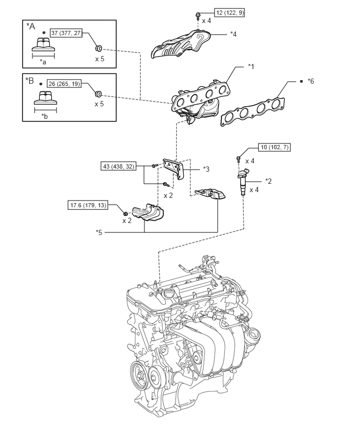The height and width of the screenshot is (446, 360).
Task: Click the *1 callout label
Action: coord(251,66)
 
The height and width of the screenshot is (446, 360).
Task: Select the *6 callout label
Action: coord(311,81)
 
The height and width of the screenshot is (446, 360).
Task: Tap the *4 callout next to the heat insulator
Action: coord(233,34)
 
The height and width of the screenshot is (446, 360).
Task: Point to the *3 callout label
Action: coord(206,169)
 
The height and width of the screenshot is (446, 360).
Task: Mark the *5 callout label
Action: coord(99,232)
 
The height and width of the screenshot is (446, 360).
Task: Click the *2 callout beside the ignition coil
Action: coord(268,181)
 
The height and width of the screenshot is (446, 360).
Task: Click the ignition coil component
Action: coord(243,182)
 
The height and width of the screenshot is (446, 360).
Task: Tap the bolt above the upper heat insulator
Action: coord(197,16)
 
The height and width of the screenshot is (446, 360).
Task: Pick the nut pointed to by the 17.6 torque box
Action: coord(125,214)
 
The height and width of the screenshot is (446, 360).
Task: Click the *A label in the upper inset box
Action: coord(31,26)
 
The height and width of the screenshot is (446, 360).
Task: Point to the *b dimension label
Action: coord(44,116)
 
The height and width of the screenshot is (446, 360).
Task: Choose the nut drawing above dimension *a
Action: coord(43,44)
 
